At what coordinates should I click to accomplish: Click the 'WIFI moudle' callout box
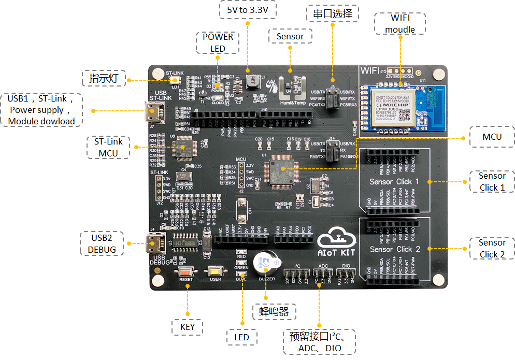[400, 24]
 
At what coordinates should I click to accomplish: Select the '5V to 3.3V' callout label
[247, 10]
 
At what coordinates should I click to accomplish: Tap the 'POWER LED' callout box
[218, 43]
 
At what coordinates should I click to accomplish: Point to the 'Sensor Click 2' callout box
[492, 249]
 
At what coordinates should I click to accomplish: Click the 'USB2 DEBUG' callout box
[102, 243]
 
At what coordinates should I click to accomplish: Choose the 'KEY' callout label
[188, 327]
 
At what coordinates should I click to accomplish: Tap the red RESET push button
[185, 271]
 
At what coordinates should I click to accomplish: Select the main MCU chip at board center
[280, 171]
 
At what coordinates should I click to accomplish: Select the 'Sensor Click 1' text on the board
[394, 182]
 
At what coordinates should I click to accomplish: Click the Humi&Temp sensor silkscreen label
[293, 103]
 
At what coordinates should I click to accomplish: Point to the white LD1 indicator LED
[175, 80]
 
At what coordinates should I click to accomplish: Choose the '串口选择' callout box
[333, 13]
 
